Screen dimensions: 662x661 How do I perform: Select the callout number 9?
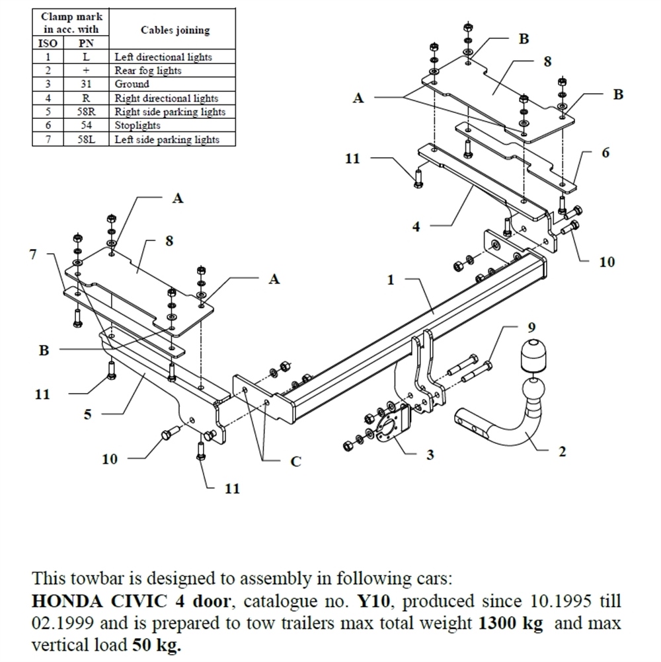click(532, 327)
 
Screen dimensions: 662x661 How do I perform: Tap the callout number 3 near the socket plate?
click(430, 456)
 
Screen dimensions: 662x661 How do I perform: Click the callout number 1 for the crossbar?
click(391, 280)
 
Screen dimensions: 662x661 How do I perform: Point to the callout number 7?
click(33, 254)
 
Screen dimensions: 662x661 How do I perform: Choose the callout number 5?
click(87, 415)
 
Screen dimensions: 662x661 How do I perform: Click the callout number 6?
click(606, 153)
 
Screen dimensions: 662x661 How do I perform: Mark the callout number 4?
click(416, 227)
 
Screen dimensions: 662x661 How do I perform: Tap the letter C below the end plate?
click(295, 462)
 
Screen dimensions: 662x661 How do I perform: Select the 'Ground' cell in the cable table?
click(132, 85)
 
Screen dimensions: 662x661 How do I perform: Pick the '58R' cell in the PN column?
click(86, 112)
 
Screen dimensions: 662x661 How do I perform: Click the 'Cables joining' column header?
click(175, 30)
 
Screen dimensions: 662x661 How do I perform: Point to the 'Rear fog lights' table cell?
click(148, 71)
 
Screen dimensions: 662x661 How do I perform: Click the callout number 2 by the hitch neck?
click(562, 452)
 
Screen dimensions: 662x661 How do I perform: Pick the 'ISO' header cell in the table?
click(48, 44)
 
